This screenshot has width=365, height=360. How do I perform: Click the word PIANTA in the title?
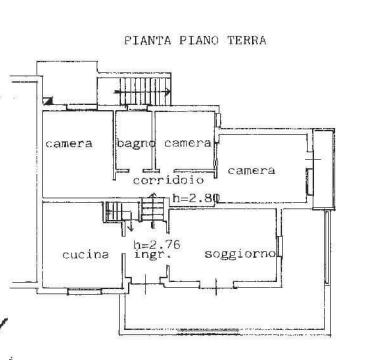pyautogui.click(x=145, y=42)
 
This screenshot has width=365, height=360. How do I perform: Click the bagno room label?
pyautogui.click(x=136, y=144)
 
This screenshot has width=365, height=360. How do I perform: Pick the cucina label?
pyautogui.click(x=85, y=254)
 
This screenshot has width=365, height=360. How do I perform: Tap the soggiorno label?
pyautogui.click(x=240, y=254)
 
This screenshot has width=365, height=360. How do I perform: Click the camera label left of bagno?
pyautogui.click(x=70, y=144)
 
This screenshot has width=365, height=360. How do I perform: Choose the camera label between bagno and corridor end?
pyautogui.click(x=187, y=144)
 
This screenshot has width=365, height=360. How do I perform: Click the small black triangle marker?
pyautogui.click(x=47, y=100)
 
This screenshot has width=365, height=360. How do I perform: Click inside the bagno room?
pyautogui.click(x=136, y=160)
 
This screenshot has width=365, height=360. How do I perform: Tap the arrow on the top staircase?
pyautogui.click(x=131, y=96)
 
